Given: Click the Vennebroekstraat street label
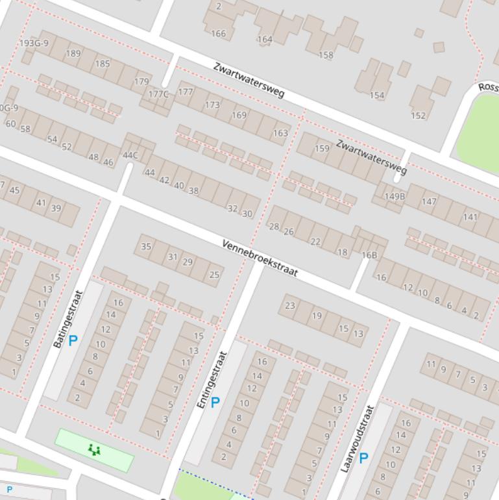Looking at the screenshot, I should (260, 258).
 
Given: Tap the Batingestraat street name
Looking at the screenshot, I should (68, 318).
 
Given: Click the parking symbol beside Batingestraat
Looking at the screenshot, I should (73, 340).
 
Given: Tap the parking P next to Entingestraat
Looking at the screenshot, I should (215, 402).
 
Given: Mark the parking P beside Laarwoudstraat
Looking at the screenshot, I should (363, 458).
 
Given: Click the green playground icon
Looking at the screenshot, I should (95, 449).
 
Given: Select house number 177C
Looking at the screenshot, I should (158, 94).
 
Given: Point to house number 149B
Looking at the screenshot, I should (395, 196).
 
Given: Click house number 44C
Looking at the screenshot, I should (130, 155).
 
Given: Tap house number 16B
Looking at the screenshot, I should (369, 255).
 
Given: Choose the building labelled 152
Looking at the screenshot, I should (419, 116).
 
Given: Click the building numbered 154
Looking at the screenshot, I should (377, 95).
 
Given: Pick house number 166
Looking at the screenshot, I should (219, 34).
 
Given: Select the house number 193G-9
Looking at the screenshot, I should (34, 44).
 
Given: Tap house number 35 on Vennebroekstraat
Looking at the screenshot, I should (146, 246).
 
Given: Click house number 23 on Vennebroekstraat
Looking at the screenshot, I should (290, 305).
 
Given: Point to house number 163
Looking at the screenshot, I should (280, 133).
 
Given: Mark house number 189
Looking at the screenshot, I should (73, 53).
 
